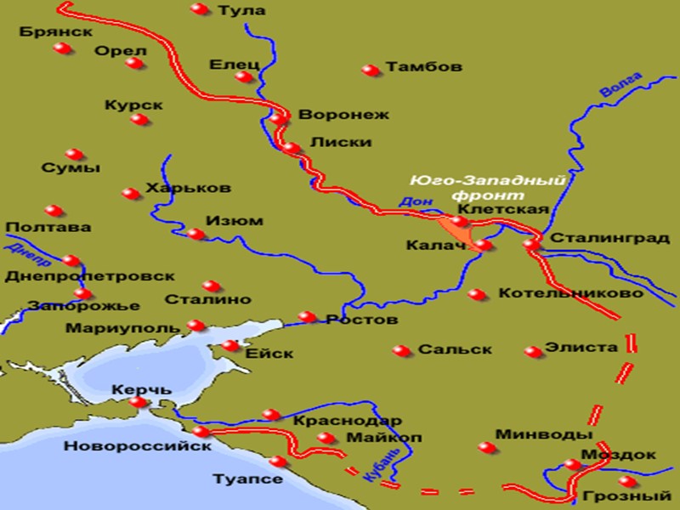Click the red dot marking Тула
199,9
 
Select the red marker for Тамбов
369,70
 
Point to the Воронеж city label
343,114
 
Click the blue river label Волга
618,86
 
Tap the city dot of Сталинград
531,243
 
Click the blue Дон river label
410,202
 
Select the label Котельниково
570,293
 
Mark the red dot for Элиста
533,351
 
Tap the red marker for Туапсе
277,462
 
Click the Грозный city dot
627,481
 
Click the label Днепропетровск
89,276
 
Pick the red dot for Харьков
130,194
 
